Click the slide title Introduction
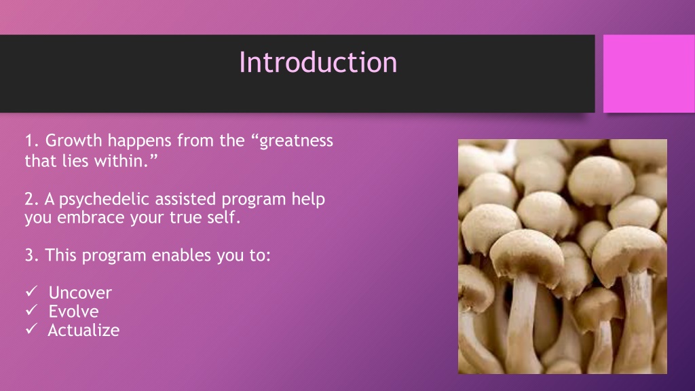(318, 62)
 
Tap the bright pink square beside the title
(649, 73)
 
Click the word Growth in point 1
(73, 141)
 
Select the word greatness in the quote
(296, 142)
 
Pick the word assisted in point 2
(185, 199)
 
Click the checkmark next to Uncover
(31, 291)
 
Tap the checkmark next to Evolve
(31, 310)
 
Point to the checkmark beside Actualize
(31, 329)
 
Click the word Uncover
(80, 293)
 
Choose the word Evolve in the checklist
(73, 311)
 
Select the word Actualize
(83, 330)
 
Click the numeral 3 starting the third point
(29, 255)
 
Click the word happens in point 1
(140, 141)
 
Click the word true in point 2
(189, 218)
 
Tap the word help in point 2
(308, 200)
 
